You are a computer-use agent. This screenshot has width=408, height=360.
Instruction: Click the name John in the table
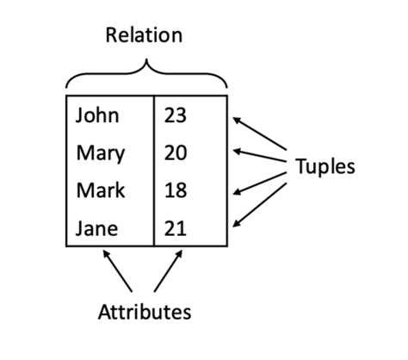coord(97,115)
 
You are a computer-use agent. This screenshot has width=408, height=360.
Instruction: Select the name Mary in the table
coord(100,154)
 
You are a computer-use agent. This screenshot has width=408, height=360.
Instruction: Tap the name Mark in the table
coord(100,190)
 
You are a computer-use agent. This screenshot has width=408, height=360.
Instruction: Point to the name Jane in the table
coord(96,229)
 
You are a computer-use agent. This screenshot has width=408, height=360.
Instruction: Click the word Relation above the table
coord(144,35)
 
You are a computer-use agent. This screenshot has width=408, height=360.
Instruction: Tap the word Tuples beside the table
coord(325,166)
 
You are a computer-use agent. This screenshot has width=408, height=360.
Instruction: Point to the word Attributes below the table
coord(144,311)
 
